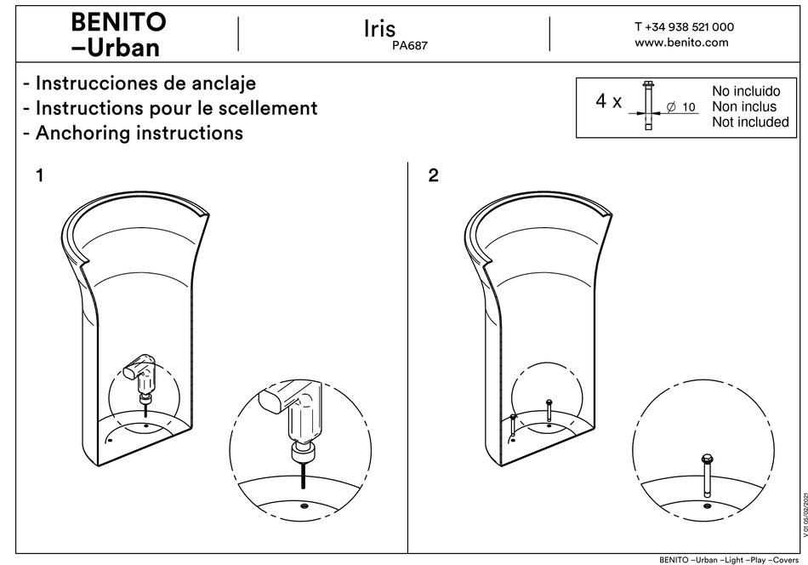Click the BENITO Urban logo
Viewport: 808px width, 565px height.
click(x=118, y=34)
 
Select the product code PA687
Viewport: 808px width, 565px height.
click(x=409, y=48)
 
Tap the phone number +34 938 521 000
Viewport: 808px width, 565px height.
click(x=684, y=26)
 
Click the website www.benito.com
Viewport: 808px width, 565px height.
click(x=681, y=43)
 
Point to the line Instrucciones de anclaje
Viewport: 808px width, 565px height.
click(x=139, y=83)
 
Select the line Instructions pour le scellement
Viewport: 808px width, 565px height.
click(x=170, y=108)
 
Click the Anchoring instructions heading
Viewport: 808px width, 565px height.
click(x=133, y=133)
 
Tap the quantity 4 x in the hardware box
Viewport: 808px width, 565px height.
click(x=608, y=102)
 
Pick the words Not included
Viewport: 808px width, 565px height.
click(x=750, y=123)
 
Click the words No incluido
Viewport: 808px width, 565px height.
click(x=745, y=91)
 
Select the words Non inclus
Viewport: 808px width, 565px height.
click(x=743, y=106)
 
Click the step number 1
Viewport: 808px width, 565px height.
click(x=39, y=176)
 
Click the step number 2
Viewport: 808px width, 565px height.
click(x=434, y=176)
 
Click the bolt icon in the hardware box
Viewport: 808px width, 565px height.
click(x=648, y=106)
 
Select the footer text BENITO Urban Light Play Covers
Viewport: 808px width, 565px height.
click(x=731, y=559)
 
